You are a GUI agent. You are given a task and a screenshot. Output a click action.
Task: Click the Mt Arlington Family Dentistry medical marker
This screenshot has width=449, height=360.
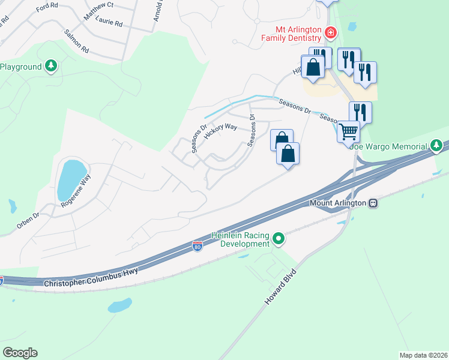pyautogui.click(x=330, y=32)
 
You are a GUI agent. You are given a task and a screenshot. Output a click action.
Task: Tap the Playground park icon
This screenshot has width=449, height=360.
pyautogui.click(x=52, y=65)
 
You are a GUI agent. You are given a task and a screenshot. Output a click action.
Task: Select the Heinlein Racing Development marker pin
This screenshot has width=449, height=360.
pyautogui.click(x=278, y=239)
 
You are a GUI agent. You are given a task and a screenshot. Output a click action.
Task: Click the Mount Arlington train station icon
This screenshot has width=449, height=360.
pyautogui.click(x=373, y=203)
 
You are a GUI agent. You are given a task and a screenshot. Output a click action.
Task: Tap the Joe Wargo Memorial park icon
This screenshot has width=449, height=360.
pyautogui.click(x=438, y=146)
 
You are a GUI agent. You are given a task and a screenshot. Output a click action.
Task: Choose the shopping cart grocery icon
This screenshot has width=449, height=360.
pyautogui.click(x=348, y=131)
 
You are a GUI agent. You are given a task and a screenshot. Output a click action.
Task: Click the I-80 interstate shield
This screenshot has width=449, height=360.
pyautogui.click(x=197, y=246)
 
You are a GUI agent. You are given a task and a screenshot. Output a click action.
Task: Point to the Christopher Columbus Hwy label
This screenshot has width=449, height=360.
pyautogui.click(x=91, y=277)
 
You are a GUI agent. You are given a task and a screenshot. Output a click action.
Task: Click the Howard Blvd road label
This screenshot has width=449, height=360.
pyautogui.click(x=282, y=286)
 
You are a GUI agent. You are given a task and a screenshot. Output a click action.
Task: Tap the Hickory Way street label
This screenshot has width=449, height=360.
pyautogui.click(x=220, y=131)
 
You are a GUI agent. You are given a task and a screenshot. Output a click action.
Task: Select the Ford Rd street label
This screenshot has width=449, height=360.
pyautogui.click(x=46, y=8)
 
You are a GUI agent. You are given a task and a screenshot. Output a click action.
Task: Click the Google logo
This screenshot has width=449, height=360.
pyautogui.click(x=20, y=353)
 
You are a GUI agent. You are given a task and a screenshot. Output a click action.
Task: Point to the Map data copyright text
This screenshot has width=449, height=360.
pyautogui.click(x=423, y=355)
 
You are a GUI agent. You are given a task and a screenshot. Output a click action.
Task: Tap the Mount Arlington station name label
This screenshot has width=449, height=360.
pyautogui.click(x=338, y=203)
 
